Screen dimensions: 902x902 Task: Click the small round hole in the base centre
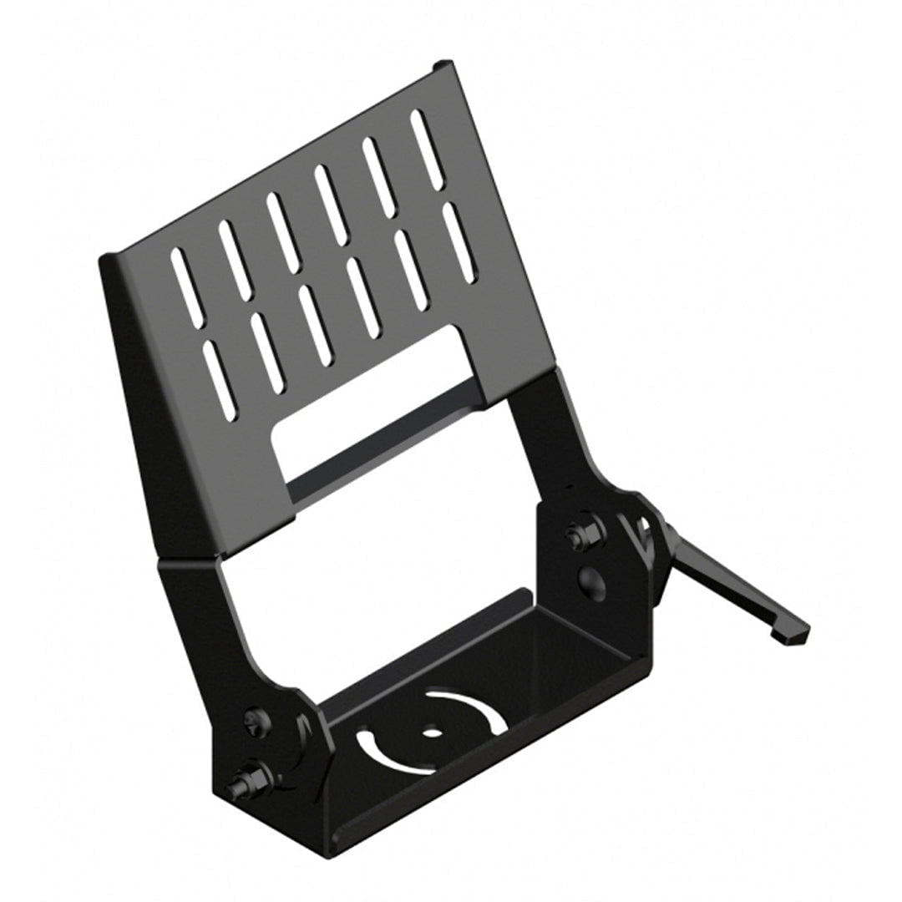(432, 733)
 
